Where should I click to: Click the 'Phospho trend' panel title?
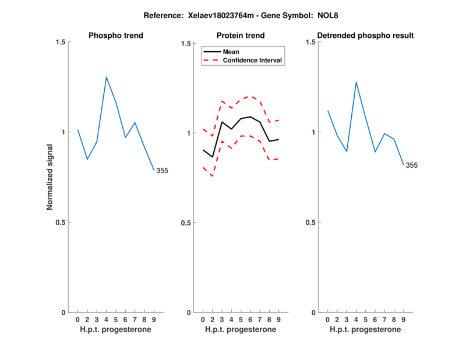click(116, 36)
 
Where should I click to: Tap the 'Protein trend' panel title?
click(241, 36)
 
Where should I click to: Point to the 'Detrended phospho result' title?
click(365, 36)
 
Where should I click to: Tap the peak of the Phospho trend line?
click(106, 77)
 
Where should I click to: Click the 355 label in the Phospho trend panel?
click(162, 171)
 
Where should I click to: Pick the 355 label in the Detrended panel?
click(411, 165)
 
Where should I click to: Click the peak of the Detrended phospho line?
click(356, 82)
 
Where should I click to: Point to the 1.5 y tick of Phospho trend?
click(60, 42)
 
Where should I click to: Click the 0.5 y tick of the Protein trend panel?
click(186, 223)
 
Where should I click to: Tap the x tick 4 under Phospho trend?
click(106, 319)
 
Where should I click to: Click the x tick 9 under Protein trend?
click(278, 319)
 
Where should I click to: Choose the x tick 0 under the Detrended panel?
click(327, 319)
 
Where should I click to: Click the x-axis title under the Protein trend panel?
click(241, 329)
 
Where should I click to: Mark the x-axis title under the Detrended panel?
click(365, 329)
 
